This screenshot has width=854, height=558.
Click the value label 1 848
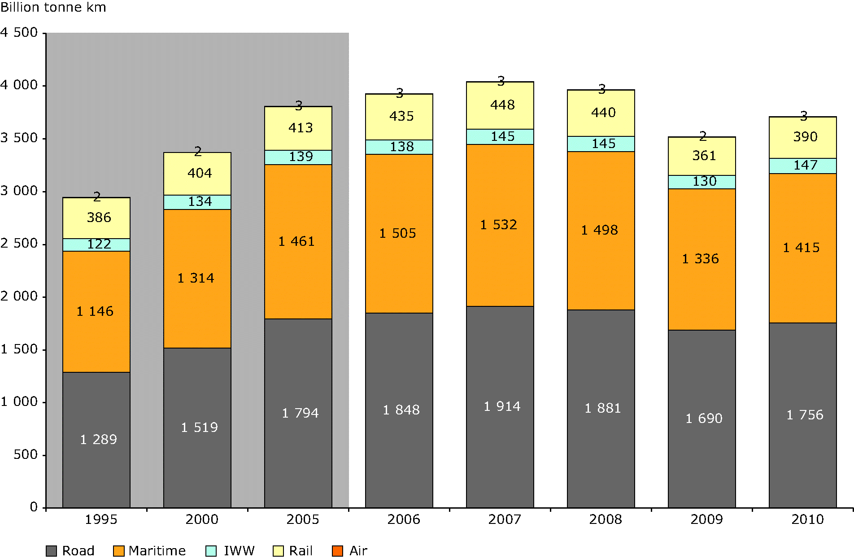401,410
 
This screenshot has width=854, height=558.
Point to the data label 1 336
700,259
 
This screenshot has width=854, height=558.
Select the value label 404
200,173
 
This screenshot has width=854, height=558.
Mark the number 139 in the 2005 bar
301,157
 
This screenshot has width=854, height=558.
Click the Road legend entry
70,551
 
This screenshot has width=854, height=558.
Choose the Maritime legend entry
149,551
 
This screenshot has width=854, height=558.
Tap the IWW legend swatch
211,551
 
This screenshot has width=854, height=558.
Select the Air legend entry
350,551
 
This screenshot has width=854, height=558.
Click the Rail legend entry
292,551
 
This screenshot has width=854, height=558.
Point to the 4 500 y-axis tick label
19,32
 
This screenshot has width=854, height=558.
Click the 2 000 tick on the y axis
19,296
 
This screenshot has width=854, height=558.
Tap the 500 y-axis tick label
26,455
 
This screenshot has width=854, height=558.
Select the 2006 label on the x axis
404,519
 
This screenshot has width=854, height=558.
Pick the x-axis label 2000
202,519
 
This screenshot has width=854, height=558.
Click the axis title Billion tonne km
53,8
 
